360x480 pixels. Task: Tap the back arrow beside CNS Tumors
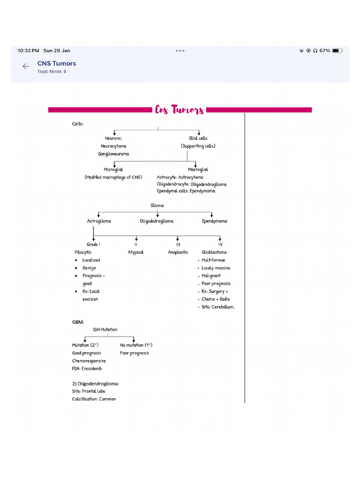tap(26, 67)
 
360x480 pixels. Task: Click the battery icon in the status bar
tap(337, 51)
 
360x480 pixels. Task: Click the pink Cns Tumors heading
tap(180, 110)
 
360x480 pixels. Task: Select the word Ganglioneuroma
tap(113, 154)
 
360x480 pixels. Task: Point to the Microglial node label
tap(113, 170)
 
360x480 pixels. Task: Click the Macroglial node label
tap(198, 170)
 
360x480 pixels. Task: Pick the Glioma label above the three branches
tap(157, 205)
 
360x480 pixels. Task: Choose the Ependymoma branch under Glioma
tap(214, 221)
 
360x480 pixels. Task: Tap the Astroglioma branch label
tap(99, 221)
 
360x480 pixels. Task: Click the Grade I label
tap(94, 245)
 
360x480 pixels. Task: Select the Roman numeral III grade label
tap(178, 245)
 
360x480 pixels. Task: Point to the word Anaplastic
tap(178, 253)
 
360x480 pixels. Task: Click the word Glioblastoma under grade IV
tap(214, 253)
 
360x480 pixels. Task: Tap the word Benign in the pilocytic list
tap(89, 268)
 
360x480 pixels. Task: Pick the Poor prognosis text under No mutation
tap(135, 353)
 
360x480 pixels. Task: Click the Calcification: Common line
tap(94, 399)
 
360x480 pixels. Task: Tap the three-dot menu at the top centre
tap(180, 51)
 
